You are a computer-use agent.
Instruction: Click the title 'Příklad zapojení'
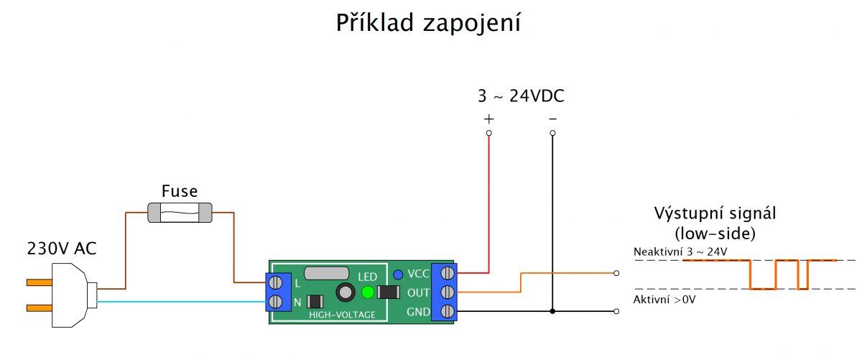[428, 23]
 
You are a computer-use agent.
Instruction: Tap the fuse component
[180, 213]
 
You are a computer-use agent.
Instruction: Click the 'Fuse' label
[180, 191]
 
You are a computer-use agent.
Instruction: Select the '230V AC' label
[62, 249]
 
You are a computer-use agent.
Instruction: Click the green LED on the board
[368, 292]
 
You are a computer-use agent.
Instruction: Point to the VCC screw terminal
[447, 273]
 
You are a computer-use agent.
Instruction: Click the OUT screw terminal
[447, 292]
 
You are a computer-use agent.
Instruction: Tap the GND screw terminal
[447, 311]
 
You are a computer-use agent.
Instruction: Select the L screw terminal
[275, 283]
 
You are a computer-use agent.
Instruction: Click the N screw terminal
[275, 302]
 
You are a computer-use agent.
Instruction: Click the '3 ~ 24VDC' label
[521, 96]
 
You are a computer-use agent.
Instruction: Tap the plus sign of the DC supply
[488, 119]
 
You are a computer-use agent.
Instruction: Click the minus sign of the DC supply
[552, 119]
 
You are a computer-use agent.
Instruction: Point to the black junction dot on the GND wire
[552, 311]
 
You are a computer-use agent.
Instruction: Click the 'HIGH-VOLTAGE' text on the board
[342, 315]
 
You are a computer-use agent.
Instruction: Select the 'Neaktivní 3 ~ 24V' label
[680, 251]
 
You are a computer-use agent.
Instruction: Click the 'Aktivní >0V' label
[664, 300]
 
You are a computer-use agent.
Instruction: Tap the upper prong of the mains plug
[40, 282]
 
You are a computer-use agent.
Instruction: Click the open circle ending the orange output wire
[616, 273]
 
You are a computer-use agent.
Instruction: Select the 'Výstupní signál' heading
[715, 213]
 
